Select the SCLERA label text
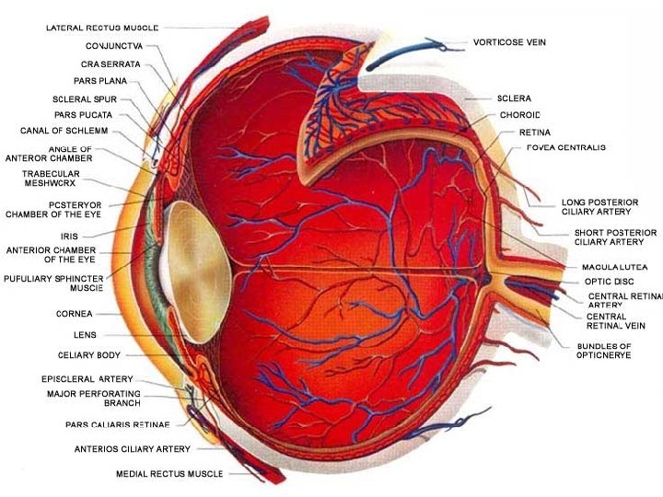(513, 98)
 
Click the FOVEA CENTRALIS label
(565, 148)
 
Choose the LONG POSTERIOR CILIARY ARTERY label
(599, 207)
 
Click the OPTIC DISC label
(610, 282)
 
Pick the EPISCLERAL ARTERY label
(87, 379)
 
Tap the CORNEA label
(74, 314)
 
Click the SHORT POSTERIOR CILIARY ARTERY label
(615, 237)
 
